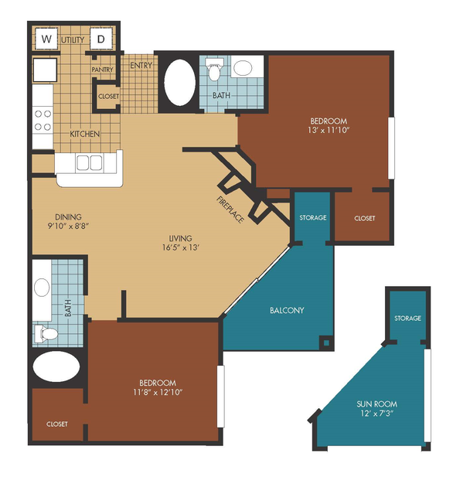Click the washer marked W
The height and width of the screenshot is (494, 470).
pyautogui.click(x=46, y=39)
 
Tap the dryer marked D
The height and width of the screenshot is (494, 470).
pyautogui.click(x=101, y=39)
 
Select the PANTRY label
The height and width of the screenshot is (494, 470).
pyautogui.click(x=102, y=70)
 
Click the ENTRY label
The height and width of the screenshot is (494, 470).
pyautogui.click(x=141, y=65)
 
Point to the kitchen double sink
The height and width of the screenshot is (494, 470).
pyautogui.click(x=90, y=163)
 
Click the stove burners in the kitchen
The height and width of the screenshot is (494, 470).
pyautogui.click(x=43, y=121)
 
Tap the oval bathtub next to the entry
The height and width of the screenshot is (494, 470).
pyautogui.click(x=179, y=82)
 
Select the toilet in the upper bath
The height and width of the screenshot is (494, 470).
pyautogui.click(x=215, y=70)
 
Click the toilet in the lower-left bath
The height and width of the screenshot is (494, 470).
pyautogui.click(x=46, y=334)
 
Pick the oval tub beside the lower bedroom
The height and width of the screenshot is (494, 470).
pyautogui.click(x=56, y=366)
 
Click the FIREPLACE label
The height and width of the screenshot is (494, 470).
pyautogui.click(x=230, y=210)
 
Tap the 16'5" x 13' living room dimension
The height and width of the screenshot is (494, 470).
pyautogui.click(x=181, y=247)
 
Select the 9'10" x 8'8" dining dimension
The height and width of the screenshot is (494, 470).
pyautogui.click(x=68, y=226)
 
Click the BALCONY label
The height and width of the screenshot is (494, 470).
pyautogui.click(x=287, y=310)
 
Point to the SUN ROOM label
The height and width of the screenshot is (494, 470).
pyautogui.click(x=376, y=404)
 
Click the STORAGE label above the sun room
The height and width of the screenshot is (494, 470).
pyautogui.click(x=407, y=319)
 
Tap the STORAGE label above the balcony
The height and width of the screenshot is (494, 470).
pyautogui.click(x=313, y=218)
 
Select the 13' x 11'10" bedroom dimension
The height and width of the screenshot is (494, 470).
pyautogui.click(x=329, y=130)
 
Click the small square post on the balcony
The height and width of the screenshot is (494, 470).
pyautogui.click(x=326, y=342)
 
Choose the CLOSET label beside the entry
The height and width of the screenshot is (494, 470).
pyautogui.click(x=109, y=96)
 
